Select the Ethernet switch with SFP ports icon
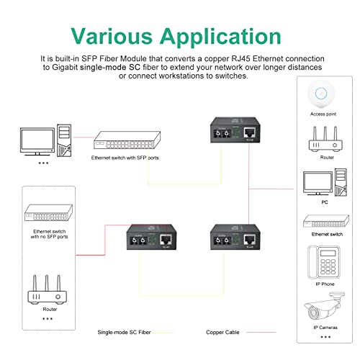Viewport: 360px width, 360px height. click(120, 141)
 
